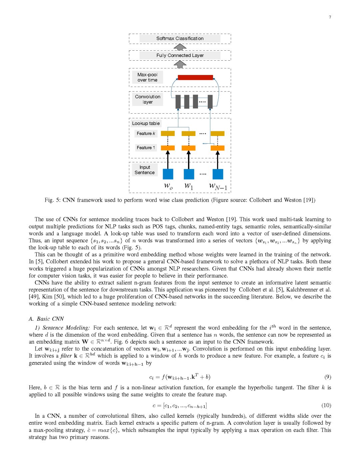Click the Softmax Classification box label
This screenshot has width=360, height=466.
coord(180,38)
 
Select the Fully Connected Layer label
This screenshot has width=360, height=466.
coord(180,55)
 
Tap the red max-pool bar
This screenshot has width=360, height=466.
coord(195,78)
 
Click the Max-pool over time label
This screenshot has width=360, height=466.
coord(147,77)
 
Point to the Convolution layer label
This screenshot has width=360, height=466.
coord(148,99)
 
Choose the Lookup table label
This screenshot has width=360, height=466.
coord(146,123)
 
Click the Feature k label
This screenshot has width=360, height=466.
coord(146,133)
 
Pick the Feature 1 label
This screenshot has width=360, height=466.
coord(146,148)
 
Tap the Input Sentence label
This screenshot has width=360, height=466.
coord(145,170)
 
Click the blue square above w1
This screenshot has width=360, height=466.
coord(189,174)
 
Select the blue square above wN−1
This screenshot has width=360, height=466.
coord(218,174)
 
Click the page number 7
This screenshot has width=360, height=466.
coord(330,17)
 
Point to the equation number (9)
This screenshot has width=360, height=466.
coord(328,377)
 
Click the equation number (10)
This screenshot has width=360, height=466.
coord(326,405)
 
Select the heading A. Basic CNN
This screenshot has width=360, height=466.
coord(46,319)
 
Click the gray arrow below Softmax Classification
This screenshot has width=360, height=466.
coord(180,47)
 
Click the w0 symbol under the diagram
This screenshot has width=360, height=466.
coord(168,186)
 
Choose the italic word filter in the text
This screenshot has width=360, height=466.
coord(66,356)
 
